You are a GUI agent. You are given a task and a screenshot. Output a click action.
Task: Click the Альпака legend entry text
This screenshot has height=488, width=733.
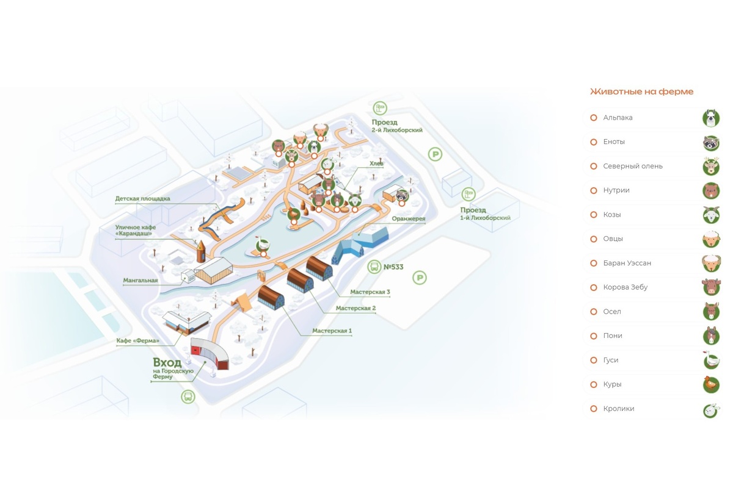pos(618,118)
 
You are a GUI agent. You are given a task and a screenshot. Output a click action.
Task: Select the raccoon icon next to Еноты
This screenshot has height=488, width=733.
pos(710,142)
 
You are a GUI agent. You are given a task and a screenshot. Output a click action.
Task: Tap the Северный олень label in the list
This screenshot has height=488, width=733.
pos(632,166)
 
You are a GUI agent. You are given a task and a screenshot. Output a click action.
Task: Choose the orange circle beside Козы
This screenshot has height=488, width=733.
pos(593,215)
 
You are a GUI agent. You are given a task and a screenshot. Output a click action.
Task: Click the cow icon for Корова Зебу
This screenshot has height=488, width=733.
pos(710,287)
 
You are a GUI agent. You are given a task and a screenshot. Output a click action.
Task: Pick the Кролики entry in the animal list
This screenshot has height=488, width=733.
pos(618,409)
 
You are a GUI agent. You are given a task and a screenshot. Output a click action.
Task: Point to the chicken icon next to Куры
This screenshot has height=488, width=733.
pos(710,384)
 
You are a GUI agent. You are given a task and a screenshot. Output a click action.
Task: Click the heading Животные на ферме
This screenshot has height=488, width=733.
pos(641,91)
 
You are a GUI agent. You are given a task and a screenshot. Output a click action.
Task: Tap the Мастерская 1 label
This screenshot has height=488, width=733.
pos(332,331)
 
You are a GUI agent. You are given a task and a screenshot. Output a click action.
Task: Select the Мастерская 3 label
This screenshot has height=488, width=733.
pos(370,292)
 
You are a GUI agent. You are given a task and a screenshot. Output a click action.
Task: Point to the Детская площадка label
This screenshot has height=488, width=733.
pos(142,199)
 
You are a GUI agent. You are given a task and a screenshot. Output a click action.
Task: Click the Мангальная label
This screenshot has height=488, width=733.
pos(140,281)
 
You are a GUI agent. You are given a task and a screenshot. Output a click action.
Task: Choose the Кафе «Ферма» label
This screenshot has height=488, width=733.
pos(138,340)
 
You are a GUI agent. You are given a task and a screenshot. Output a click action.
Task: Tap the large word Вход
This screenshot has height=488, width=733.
pos(167,362)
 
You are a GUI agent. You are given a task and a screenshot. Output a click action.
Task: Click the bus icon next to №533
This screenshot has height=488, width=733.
pos(374,267)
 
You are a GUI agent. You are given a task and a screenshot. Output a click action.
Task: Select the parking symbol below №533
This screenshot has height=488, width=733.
pos(419,279)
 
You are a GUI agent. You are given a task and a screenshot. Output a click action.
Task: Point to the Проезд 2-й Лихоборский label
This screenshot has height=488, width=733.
pos(396,126)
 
